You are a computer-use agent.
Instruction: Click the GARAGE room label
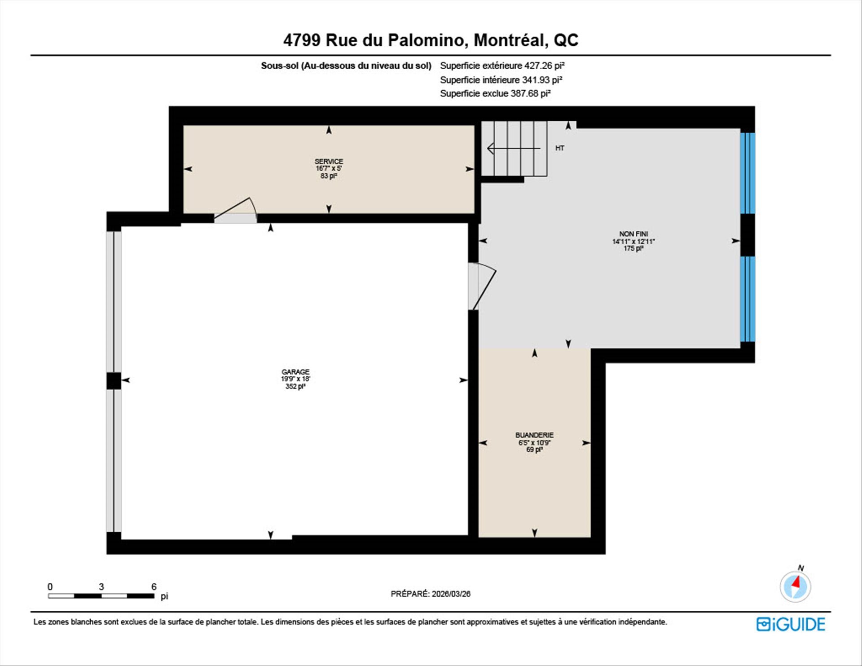click(x=295, y=372)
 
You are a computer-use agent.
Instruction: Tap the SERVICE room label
click(x=329, y=161)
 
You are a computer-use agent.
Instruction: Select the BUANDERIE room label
click(x=534, y=435)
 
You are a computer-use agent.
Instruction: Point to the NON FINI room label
click(x=633, y=234)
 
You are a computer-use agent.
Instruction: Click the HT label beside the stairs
click(x=559, y=148)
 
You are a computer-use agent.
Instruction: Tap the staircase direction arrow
click(x=514, y=148)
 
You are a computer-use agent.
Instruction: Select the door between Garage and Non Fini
click(x=482, y=287)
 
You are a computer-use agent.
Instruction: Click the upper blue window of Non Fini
click(x=748, y=173)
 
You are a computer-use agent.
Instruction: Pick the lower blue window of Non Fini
click(x=748, y=299)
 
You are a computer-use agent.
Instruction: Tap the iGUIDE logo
click(x=791, y=624)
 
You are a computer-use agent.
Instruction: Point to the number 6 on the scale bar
click(x=154, y=587)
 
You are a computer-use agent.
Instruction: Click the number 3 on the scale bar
click(x=101, y=587)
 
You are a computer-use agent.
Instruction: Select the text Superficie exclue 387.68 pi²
click(x=495, y=93)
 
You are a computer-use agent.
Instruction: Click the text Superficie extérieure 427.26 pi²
click(x=502, y=66)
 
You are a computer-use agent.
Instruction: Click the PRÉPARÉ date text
click(x=431, y=594)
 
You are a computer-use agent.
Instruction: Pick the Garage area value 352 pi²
click(x=295, y=386)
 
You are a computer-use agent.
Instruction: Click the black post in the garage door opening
click(x=114, y=381)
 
